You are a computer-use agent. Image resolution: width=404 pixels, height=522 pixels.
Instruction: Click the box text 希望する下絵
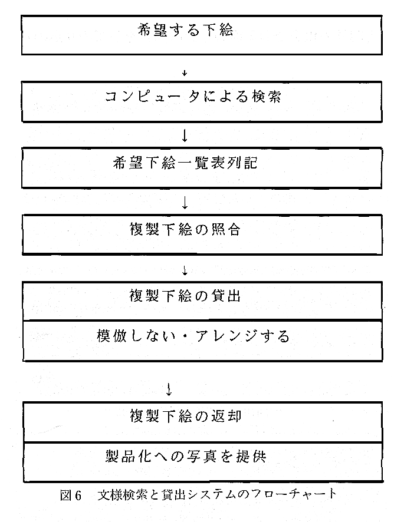coord(185,30)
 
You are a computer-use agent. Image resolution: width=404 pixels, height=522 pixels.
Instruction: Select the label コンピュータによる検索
coord(193,97)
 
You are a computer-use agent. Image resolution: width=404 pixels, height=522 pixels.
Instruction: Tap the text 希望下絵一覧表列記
coord(185,163)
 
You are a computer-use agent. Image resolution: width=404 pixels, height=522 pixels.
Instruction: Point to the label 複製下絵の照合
coord(185,230)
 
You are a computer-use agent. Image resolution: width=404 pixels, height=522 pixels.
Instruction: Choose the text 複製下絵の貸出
coord(185,296)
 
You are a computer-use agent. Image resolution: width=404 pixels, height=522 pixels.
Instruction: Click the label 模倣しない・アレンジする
coord(193,336)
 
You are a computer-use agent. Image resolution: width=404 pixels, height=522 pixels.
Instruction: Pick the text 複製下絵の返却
coord(185,416)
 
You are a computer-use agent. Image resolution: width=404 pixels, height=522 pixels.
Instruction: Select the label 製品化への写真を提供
coord(186,456)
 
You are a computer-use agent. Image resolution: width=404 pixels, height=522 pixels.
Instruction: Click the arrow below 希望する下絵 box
coord(185,73)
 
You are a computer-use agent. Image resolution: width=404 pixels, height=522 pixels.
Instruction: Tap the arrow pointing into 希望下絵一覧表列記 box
coord(185,136)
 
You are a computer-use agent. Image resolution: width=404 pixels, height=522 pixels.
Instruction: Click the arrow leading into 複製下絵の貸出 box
coord(185,271)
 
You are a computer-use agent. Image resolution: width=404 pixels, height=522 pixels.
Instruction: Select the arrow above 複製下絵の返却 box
coord(169,389)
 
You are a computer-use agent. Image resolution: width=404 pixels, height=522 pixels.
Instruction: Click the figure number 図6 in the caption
coord(71,495)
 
